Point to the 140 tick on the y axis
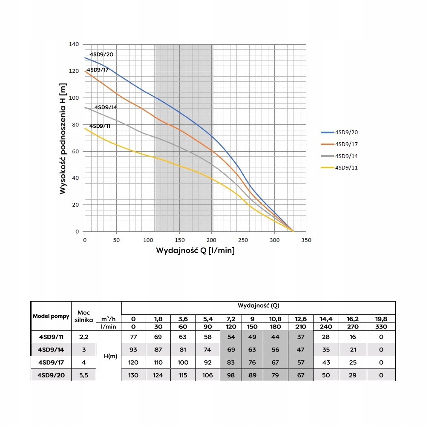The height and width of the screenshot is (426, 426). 74,44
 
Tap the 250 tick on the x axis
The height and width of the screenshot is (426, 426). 243,240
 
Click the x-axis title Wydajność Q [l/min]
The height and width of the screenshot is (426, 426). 195,250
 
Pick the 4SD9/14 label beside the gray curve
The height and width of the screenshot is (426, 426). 105,107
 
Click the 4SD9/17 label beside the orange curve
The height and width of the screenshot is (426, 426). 98,69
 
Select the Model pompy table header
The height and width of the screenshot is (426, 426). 51,317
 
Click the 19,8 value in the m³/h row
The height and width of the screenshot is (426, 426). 381,319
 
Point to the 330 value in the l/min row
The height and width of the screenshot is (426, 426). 381,327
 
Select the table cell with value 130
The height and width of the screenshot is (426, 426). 133,375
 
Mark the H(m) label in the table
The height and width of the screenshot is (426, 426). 108,356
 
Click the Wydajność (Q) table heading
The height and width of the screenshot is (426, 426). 259,305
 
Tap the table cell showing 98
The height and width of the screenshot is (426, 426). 230,375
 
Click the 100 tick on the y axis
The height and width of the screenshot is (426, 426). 74,98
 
